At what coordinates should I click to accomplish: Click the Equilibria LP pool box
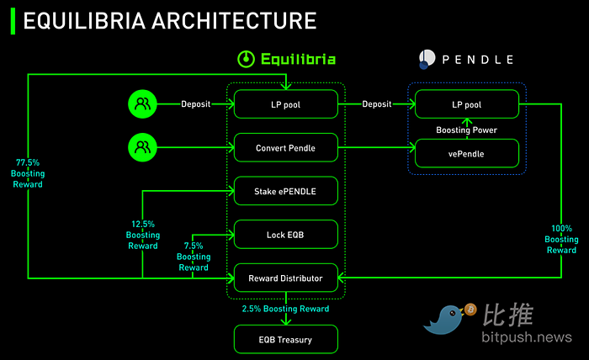[x=286, y=104]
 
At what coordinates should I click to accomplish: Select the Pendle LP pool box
[x=466, y=104]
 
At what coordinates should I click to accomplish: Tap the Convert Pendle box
[x=286, y=148]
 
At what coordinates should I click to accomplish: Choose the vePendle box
[x=466, y=154]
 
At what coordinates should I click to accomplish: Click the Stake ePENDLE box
[x=286, y=191]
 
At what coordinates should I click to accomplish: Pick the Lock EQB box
[x=286, y=235]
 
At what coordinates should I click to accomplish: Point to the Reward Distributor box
[x=286, y=278]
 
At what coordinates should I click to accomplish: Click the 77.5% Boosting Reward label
[x=28, y=172]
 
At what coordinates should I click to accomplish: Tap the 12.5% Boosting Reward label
[x=142, y=235]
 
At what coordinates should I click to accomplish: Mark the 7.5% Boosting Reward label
[x=194, y=257]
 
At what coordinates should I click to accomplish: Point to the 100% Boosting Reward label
[x=562, y=239]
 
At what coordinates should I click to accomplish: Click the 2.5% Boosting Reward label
[x=286, y=309]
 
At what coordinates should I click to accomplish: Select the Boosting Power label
[x=466, y=130]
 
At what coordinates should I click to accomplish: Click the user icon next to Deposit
[x=142, y=104]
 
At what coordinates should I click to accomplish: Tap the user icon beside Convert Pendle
[x=142, y=148]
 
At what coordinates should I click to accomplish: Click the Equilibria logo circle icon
[x=246, y=60]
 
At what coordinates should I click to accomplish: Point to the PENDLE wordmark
[x=475, y=60]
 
